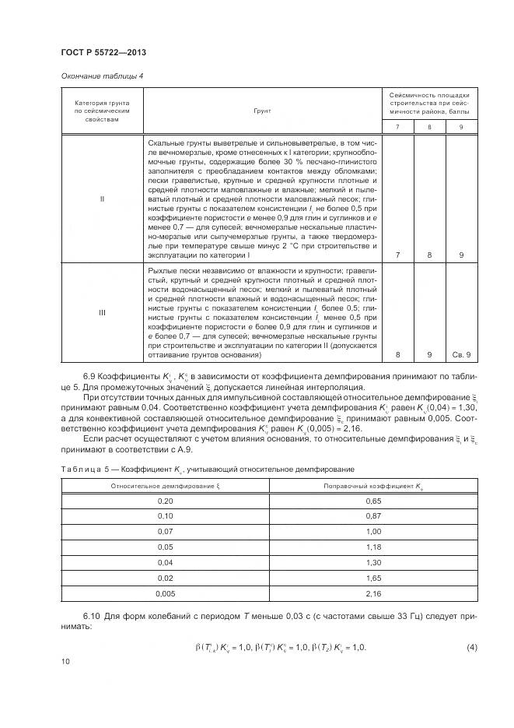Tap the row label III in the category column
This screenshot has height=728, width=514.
[x=102, y=312]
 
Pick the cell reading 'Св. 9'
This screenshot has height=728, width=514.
[x=462, y=355]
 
